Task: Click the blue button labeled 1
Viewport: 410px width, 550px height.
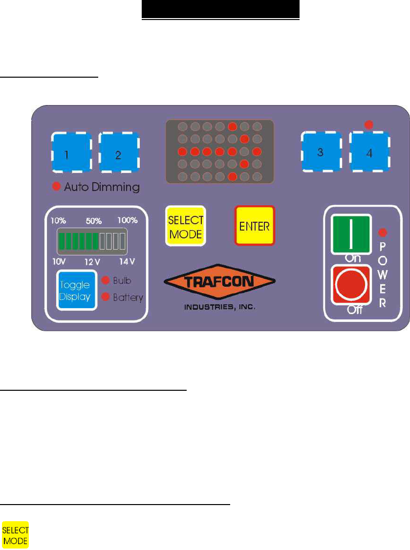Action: pos(71,153)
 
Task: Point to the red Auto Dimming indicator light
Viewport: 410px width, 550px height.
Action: pos(57,186)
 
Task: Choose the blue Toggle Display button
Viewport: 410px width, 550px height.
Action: pos(76,290)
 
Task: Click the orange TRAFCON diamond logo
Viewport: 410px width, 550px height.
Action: pos(219,282)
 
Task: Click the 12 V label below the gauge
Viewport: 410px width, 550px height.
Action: pos(92,261)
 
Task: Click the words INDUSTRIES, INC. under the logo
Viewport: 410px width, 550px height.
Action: pos(219,308)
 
